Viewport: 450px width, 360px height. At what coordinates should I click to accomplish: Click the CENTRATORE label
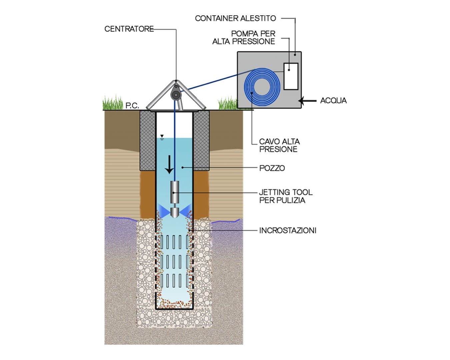pos(129,29)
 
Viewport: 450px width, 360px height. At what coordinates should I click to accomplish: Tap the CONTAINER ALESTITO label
pos(235,18)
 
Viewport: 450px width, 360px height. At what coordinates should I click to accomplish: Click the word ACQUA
pos(333,101)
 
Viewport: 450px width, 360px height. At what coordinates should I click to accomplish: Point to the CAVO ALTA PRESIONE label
pos(279,146)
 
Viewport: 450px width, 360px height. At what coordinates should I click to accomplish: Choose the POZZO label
pos(272,168)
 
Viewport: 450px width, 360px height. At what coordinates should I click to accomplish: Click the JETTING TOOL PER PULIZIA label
pos(286,196)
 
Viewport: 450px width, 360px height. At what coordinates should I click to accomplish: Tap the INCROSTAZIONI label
pos(287,230)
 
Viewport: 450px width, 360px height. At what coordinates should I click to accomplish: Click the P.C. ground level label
pos(132,106)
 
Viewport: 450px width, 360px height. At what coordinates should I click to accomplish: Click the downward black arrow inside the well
pos(170,165)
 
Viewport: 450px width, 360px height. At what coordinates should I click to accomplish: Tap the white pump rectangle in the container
pos(291,76)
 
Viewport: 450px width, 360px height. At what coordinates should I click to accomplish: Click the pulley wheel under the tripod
pos(175,95)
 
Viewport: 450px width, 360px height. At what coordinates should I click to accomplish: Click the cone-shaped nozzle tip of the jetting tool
pos(175,213)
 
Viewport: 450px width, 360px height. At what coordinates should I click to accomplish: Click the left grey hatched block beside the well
pos(148,140)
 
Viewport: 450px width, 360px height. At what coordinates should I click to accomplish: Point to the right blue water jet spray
pos(186,210)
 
